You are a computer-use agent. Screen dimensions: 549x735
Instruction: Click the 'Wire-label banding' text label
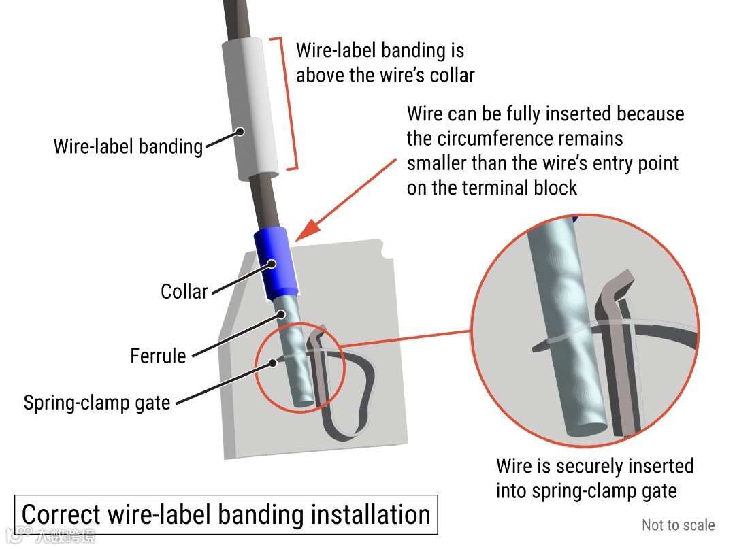[x=128, y=146]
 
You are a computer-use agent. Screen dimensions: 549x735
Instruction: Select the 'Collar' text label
[x=184, y=292]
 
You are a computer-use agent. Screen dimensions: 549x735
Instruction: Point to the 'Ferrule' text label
[x=158, y=356]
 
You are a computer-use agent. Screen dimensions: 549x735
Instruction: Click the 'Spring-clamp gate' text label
[x=97, y=403]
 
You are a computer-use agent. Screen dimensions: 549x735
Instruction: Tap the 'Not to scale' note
[x=678, y=525]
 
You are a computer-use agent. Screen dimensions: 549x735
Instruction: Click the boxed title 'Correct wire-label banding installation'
[x=226, y=515]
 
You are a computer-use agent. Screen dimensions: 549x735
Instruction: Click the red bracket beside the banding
[x=293, y=102]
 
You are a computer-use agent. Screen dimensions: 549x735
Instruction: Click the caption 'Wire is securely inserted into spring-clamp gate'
[x=594, y=478]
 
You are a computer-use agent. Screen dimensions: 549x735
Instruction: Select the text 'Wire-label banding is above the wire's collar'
[x=385, y=63]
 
